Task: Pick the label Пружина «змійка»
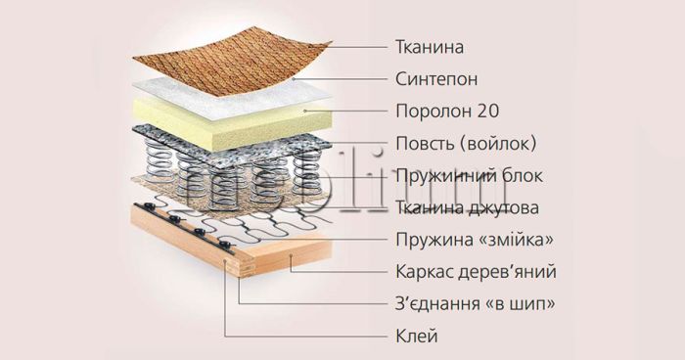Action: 467,240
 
